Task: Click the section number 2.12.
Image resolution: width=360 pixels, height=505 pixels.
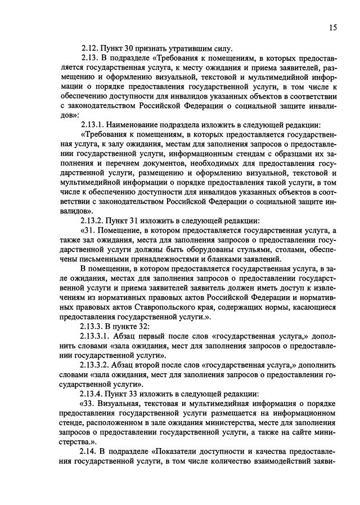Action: click(92, 48)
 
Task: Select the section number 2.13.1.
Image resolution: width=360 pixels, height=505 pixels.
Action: click(96, 124)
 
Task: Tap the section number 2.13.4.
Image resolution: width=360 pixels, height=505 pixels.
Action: click(96, 394)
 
